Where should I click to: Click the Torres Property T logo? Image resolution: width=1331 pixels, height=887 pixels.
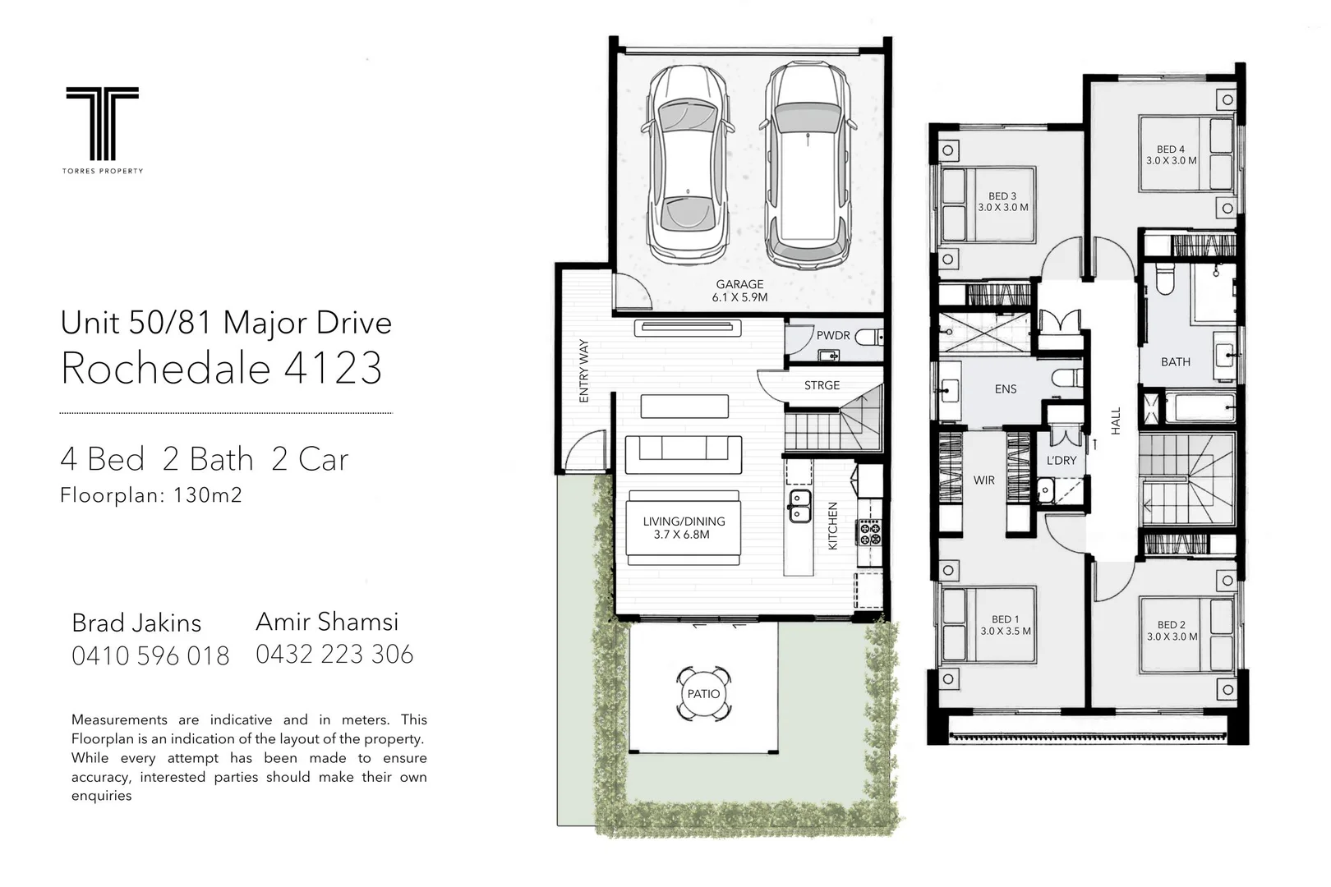point(102,124)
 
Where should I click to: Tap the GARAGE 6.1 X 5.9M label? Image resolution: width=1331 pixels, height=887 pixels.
point(739,291)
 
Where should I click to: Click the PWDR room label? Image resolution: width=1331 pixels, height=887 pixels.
point(832,335)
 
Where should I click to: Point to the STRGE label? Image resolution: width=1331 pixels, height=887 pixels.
point(822,385)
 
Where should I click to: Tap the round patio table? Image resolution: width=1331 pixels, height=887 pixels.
point(703,694)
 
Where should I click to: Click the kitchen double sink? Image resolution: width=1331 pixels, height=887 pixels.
point(799,506)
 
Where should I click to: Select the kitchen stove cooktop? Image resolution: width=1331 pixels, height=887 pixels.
point(869,533)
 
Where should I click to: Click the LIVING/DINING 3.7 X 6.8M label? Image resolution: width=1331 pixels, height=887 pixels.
point(684,527)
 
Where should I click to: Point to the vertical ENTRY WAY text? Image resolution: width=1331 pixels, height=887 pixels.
point(584,370)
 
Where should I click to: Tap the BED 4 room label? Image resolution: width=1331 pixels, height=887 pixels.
point(1171,155)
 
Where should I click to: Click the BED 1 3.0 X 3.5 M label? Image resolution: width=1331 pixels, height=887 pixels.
point(1005,625)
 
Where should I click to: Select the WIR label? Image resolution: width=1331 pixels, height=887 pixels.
point(983,480)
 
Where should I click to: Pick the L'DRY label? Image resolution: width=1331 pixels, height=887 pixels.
point(1061,461)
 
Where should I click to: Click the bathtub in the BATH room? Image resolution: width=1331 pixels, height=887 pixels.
point(1200,407)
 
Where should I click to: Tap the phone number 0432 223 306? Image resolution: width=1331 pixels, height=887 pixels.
point(334,655)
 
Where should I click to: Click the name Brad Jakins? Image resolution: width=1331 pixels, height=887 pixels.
point(136,623)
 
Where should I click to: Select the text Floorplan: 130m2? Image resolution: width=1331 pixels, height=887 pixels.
point(151,495)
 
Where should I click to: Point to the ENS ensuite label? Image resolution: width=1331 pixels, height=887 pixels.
point(1005,389)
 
